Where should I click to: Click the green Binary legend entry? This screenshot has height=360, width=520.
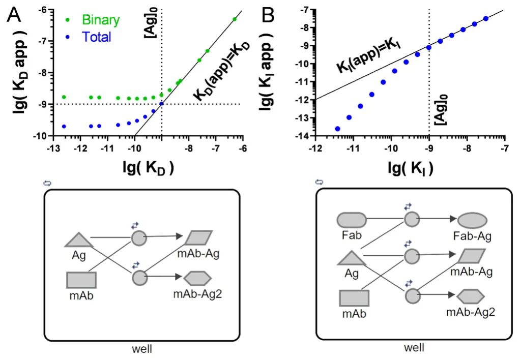[x=92, y=20]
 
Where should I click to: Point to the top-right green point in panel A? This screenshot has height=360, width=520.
[x=235, y=19]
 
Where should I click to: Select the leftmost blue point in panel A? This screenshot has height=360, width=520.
[x=64, y=126]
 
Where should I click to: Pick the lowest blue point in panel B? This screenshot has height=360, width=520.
[x=338, y=129]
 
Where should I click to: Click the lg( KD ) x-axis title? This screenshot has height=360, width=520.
[x=148, y=168]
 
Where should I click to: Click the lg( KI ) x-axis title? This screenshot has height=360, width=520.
[x=411, y=168]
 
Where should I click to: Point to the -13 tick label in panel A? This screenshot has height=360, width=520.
[x=53, y=148]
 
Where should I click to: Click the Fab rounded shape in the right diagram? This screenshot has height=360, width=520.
[x=352, y=220]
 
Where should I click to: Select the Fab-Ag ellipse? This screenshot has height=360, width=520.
[x=472, y=221]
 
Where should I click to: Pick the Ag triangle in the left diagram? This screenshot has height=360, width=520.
[x=78, y=240]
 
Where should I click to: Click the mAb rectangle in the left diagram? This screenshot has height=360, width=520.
[x=81, y=280]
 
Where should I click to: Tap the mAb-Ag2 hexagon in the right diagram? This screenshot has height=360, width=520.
[x=471, y=296]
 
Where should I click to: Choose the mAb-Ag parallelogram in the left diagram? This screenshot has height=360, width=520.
[x=198, y=237]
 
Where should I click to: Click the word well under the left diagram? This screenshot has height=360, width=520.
[x=142, y=349]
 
